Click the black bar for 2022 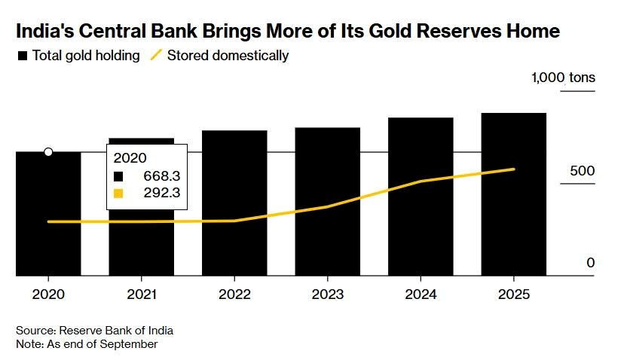tap(234, 203)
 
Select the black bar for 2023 tap(327, 202)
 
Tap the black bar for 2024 tap(421, 197)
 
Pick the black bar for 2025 tap(513, 194)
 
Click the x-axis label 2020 tap(48, 294)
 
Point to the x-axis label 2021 tap(141, 294)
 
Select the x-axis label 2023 tap(327, 294)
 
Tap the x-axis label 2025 tap(513, 294)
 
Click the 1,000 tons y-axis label tap(563, 78)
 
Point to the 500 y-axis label tap(583, 171)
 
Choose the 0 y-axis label tap(591, 263)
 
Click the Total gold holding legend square tap(23, 56)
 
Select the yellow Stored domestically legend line tap(156, 56)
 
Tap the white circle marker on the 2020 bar tap(48, 152)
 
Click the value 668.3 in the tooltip tap(163, 176)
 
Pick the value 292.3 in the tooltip tap(163, 194)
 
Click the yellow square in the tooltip tap(118, 194)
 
